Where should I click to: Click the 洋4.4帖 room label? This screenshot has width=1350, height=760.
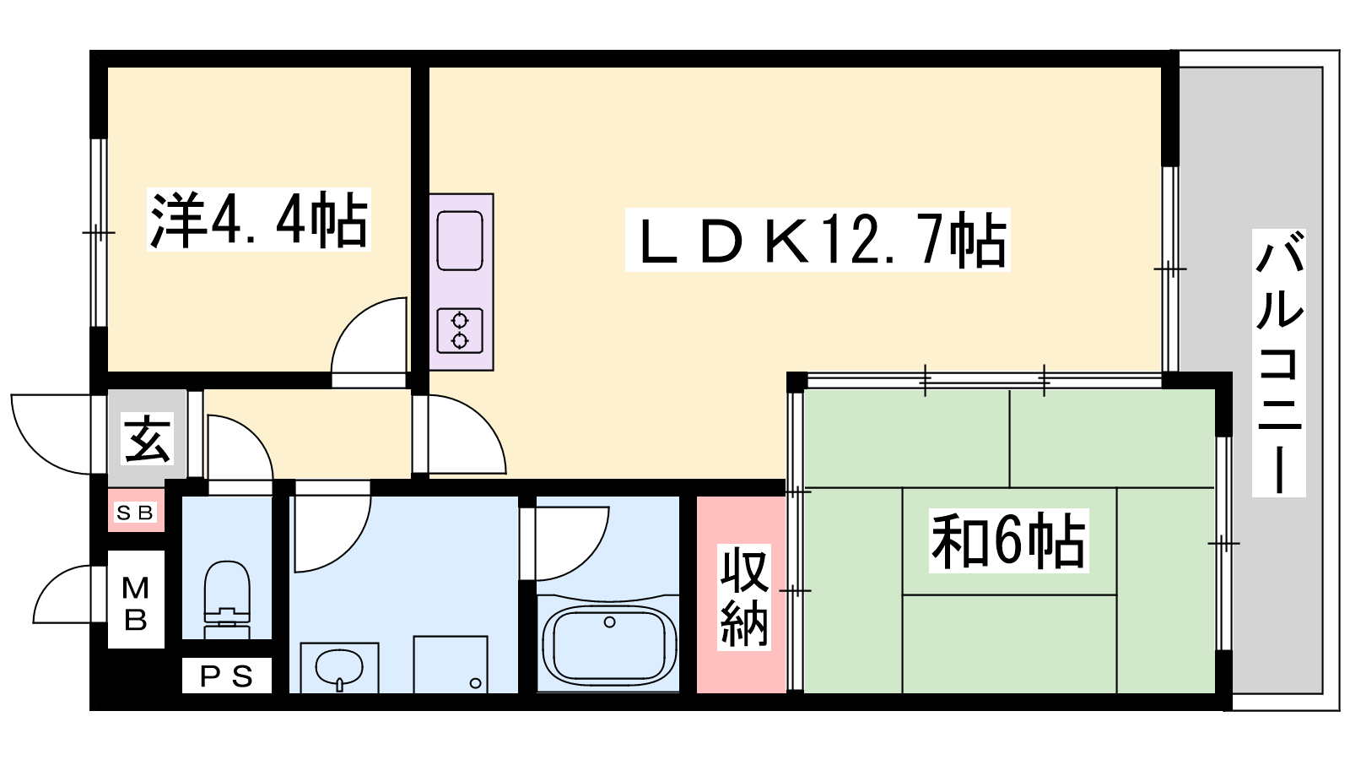(258, 220)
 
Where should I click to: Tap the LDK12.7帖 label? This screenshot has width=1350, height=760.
(817, 240)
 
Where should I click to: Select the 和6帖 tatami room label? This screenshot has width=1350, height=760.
(1008, 540)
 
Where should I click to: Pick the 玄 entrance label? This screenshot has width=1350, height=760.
(148, 438)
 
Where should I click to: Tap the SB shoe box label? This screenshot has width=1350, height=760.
(135, 513)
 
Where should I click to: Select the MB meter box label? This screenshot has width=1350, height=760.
(135, 603)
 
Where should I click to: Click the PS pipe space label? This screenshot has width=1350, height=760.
(226, 676)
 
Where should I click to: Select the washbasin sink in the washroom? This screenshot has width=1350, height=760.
(339, 667)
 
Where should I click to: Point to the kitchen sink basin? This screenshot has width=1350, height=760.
(460, 240)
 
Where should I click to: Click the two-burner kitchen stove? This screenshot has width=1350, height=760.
(460, 330)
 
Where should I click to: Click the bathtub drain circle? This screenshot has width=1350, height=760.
(609, 622)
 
